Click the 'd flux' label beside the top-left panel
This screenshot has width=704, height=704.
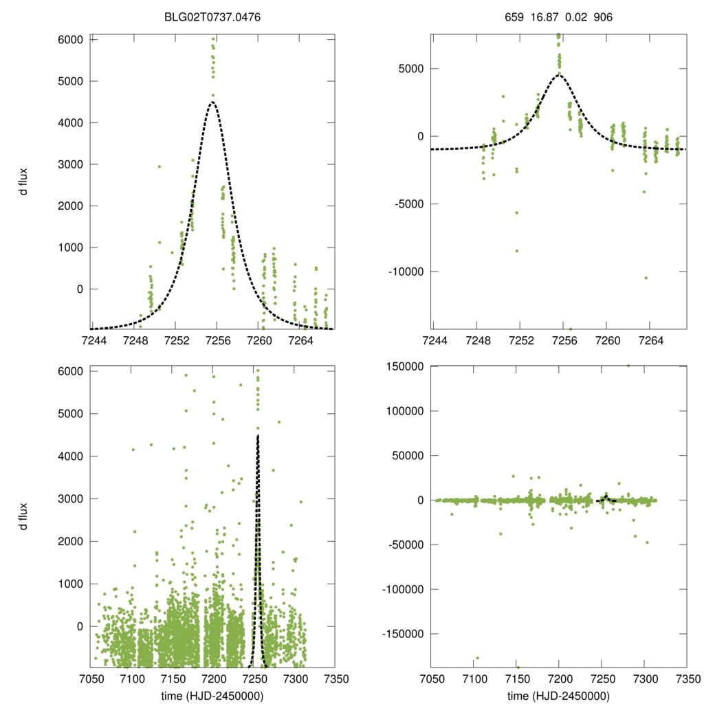[24, 181]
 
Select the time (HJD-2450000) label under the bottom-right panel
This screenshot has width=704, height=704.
[559, 696]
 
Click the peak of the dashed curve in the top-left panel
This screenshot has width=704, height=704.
[212, 102]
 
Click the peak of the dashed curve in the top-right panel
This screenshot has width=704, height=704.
[560, 75]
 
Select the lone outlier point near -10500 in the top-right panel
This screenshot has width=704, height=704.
[646, 278]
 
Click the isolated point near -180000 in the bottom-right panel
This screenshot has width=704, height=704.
[477, 658]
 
